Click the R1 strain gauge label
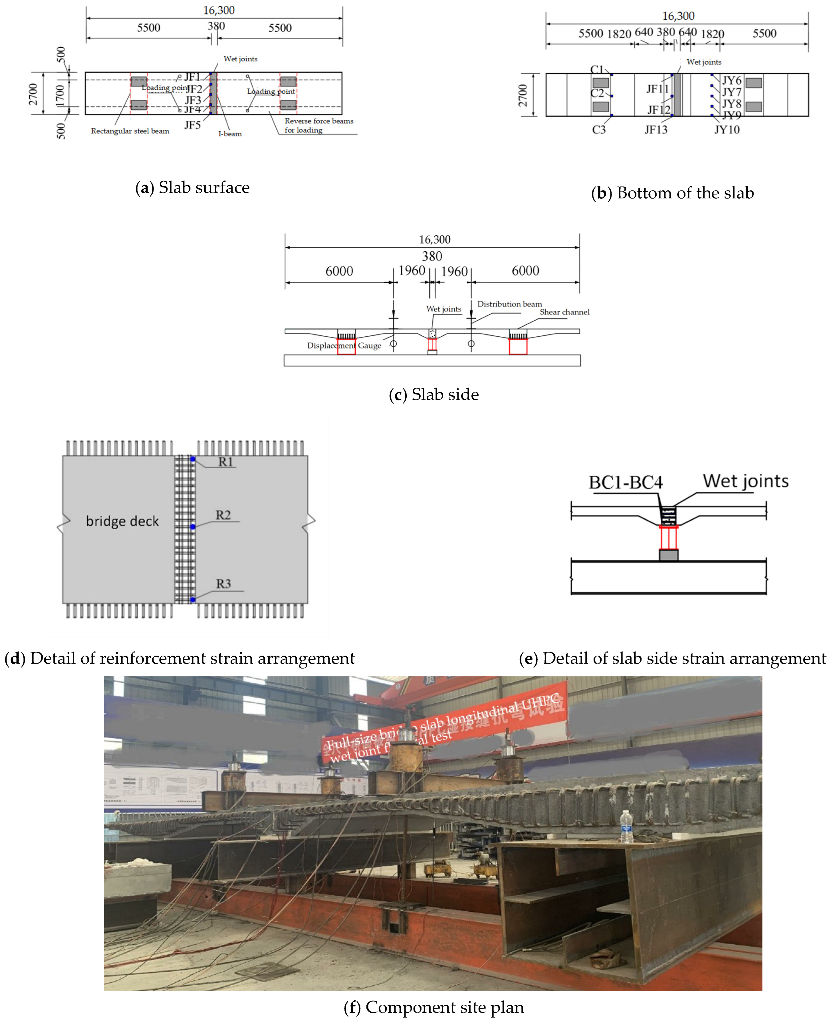(x=225, y=462)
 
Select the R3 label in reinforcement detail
(x=223, y=584)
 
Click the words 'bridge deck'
(x=122, y=521)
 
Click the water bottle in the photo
(x=626, y=827)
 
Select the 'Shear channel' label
(x=564, y=312)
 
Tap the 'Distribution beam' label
(x=509, y=304)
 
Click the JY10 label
(x=727, y=130)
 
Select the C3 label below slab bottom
(x=598, y=130)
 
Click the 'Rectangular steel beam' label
(x=130, y=131)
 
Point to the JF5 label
(x=192, y=125)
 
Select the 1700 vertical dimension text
(x=60, y=95)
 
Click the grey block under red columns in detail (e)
(x=668, y=555)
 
